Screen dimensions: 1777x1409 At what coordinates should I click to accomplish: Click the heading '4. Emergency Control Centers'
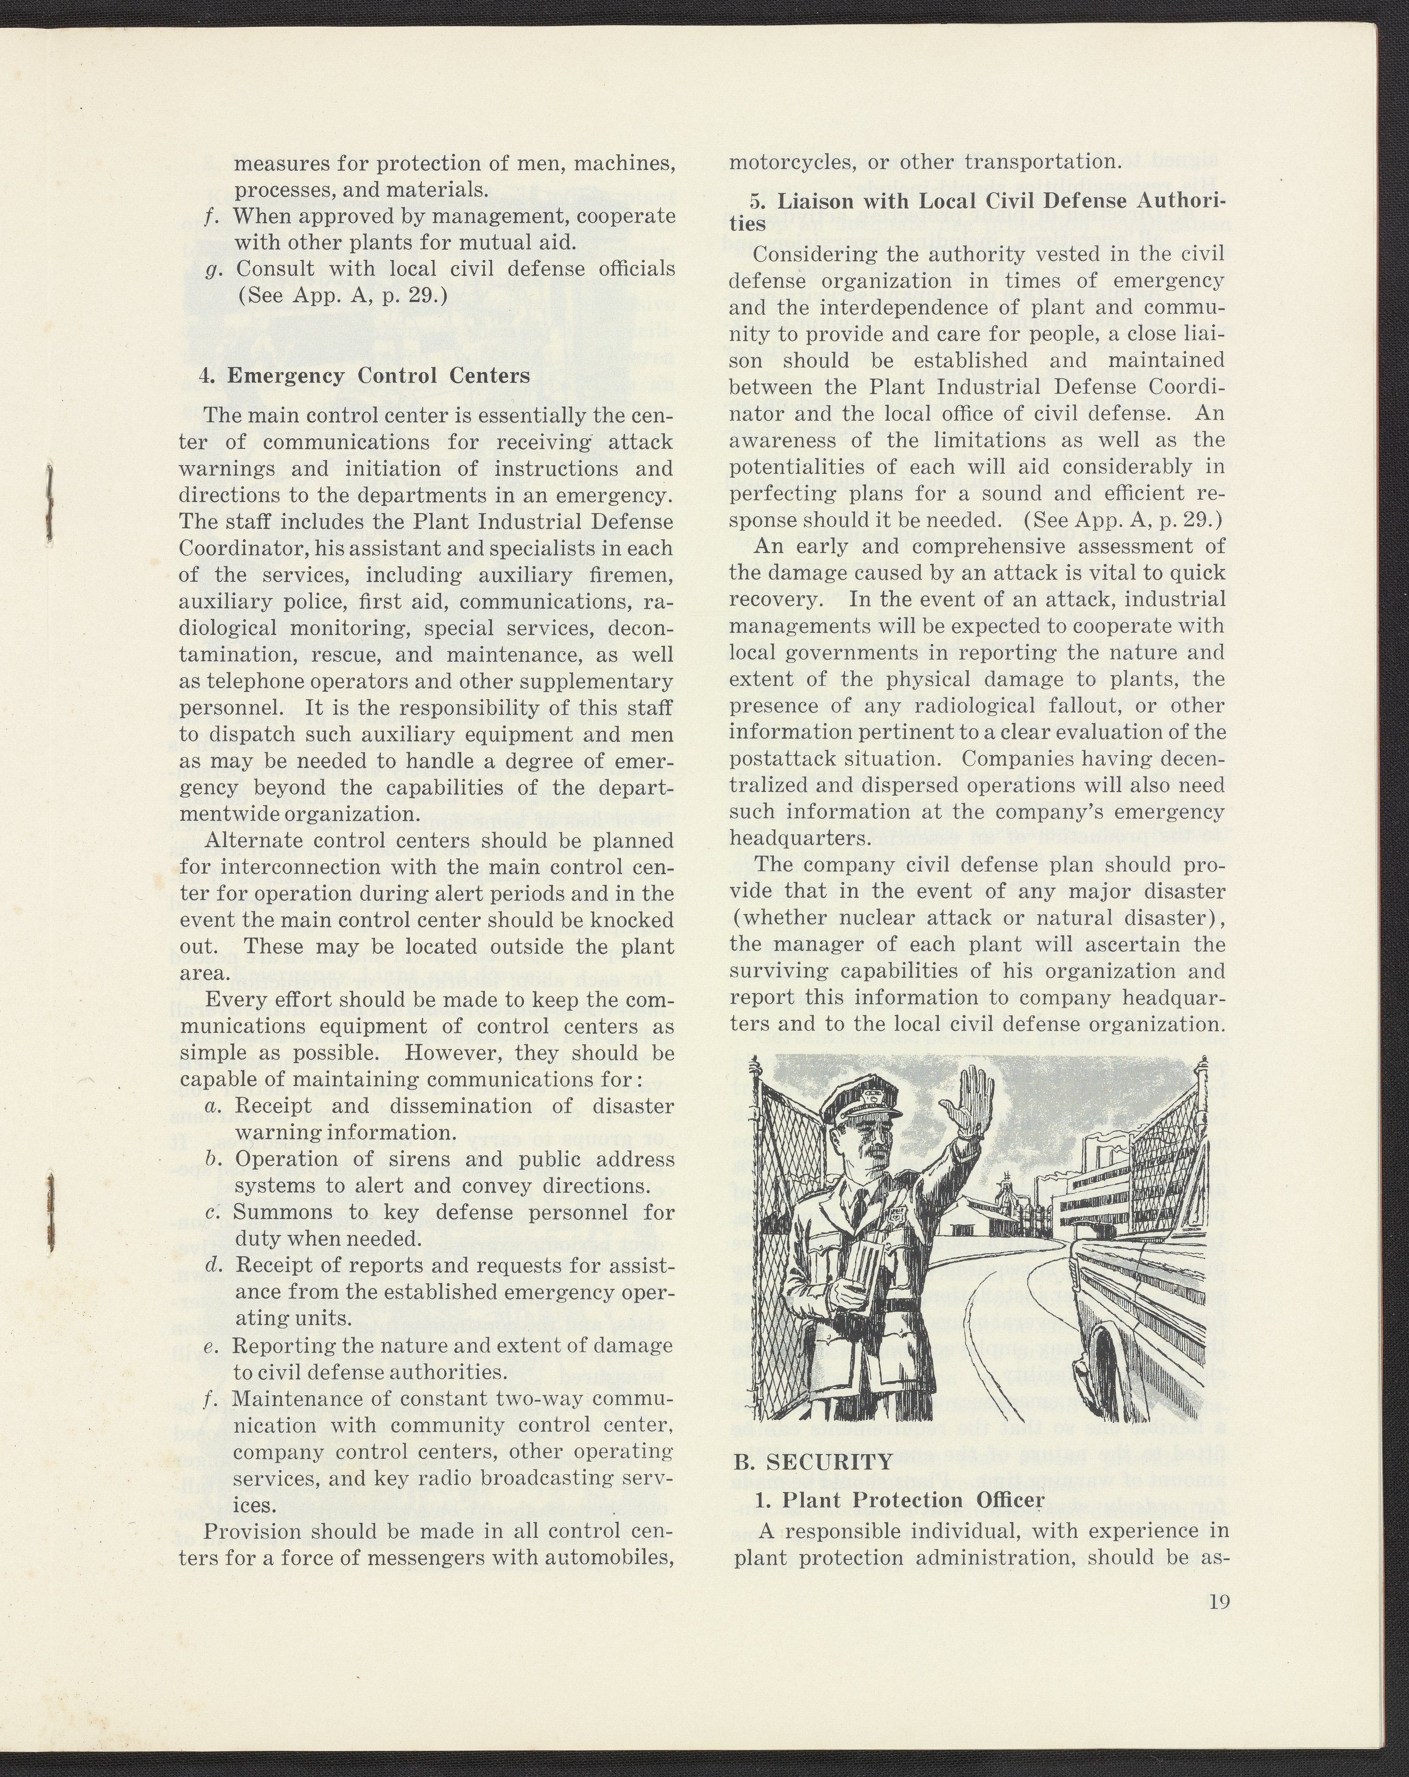point(364,376)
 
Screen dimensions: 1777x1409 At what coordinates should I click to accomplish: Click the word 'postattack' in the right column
point(770,758)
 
